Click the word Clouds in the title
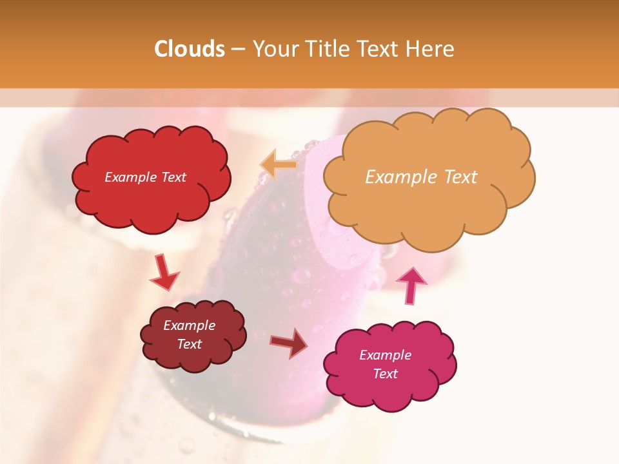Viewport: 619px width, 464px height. pyautogui.click(x=190, y=49)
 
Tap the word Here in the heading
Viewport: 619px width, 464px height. pyautogui.click(x=430, y=49)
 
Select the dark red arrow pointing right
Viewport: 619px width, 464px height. pyautogui.click(x=289, y=343)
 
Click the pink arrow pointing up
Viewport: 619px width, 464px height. pyautogui.click(x=411, y=285)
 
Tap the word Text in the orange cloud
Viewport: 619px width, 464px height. pyautogui.click(x=460, y=177)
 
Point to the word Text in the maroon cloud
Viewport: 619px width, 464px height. pyautogui.click(x=189, y=344)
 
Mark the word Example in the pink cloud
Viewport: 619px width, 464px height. pyautogui.click(x=385, y=355)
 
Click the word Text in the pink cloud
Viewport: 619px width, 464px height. pyautogui.click(x=385, y=374)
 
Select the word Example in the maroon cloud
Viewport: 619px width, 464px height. pyautogui.click(x=189, y=325)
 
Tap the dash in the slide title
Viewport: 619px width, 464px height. pyautogui.click(x=238, y=50)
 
